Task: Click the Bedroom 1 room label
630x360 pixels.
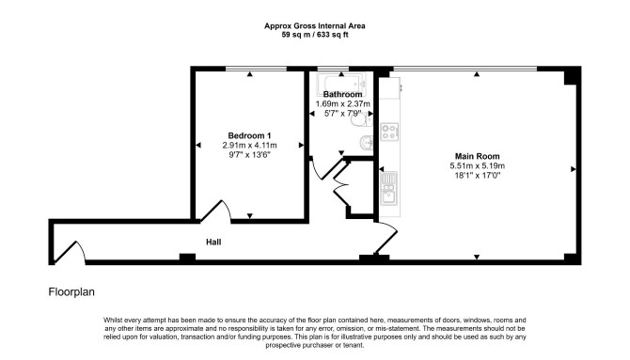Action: pyautogui.click(x=249, y=135)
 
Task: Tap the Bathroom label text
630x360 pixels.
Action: pyautogui.click(x=342, y=94)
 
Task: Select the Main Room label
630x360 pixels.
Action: pyautogui.click(x=477, y=156)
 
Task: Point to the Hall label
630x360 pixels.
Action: pyautogui.click(x=213, y=242)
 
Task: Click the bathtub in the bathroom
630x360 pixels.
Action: pyautogui.click(x=341, y=83)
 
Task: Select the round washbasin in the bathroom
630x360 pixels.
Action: pyautogui.click(x=367, y=142)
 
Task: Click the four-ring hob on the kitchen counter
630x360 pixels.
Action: pyautogui.click(x=389, y=132)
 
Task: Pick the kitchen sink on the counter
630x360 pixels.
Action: pyautogui.click(x=389, y=188)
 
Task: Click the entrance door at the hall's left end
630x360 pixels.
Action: pyautogui.click(x=69, y=252)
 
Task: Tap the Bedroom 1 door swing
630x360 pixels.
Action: pyautogui.click(x=217, y=211)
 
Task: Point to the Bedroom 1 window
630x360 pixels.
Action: pyautogui.click(x=256, y=69)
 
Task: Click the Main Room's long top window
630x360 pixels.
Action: pyautogui.click(x=465, y=69)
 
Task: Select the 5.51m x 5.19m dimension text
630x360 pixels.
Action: pyautogui.click(x=477, y=166)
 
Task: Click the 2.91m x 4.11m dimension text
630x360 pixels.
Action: pyautogui.click(x=249, y=146)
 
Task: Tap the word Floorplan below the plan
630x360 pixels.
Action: pyautogui.click(x=71, y=291)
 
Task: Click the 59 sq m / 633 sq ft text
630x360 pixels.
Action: pyautogui.click(x=315, y=35)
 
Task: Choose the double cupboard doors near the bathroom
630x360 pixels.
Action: pyautogui.click(x=340, y=180)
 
